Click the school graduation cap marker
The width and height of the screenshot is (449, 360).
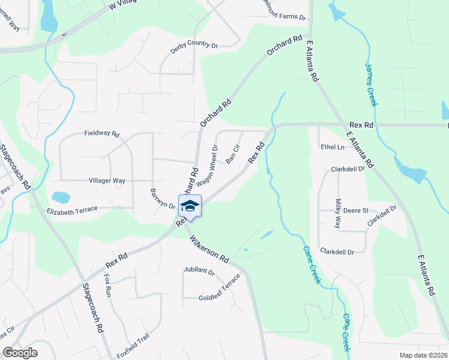[x=190, y=206]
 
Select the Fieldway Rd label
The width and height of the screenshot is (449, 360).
[x=102, y=133]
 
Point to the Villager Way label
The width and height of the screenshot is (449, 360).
[x=107, y=180]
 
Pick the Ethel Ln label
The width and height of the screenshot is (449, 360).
[x=333, y=147]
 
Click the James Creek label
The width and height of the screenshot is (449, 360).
[x=371, y=85]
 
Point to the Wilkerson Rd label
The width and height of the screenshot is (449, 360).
[x=209, y=250]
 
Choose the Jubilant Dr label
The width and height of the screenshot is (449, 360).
[x=199, y=272]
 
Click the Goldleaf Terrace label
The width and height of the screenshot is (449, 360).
[x=220, y=289]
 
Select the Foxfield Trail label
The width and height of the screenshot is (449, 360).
[x=133, y=346]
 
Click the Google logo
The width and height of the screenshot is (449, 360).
[x=20, y=353]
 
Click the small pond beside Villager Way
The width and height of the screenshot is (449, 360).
[x=61, y=197]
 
